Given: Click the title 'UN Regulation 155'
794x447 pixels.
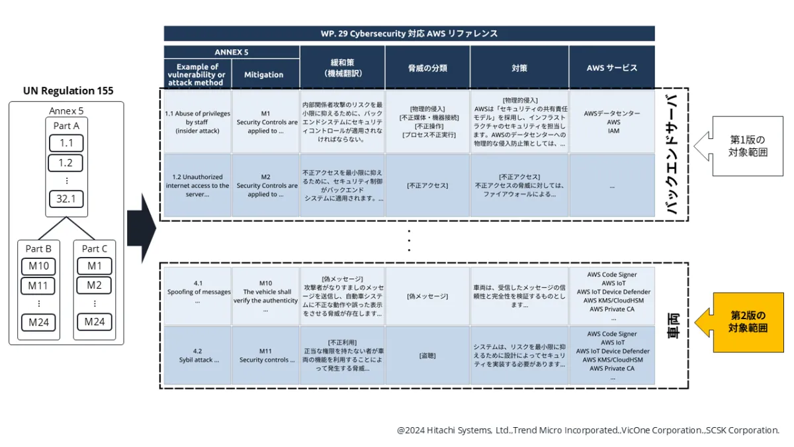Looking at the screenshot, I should point(67,91).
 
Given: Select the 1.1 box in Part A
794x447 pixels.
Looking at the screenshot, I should point(66,143).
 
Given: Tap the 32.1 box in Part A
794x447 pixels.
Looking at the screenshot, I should point(66,198).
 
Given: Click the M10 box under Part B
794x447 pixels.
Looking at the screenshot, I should point(38,266).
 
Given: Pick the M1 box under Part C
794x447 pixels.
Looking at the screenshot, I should point(95,266).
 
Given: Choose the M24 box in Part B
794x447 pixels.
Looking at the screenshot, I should point(38,323).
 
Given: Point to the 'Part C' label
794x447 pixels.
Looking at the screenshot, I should point(95,248).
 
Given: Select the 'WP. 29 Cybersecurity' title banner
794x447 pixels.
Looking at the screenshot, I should point(409,33).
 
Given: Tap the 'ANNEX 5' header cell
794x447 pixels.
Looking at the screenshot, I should point(232,52).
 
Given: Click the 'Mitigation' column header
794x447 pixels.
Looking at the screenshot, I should point(263,74).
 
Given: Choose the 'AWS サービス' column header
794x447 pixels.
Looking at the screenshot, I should point(611,68).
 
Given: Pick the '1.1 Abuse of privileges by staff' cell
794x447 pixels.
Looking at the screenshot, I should point(197,122).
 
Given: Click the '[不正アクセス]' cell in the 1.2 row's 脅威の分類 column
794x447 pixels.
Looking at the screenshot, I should point(427,185).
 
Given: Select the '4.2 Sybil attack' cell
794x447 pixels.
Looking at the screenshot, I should point(197,356).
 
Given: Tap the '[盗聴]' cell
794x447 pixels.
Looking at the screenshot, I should point(427,356).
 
